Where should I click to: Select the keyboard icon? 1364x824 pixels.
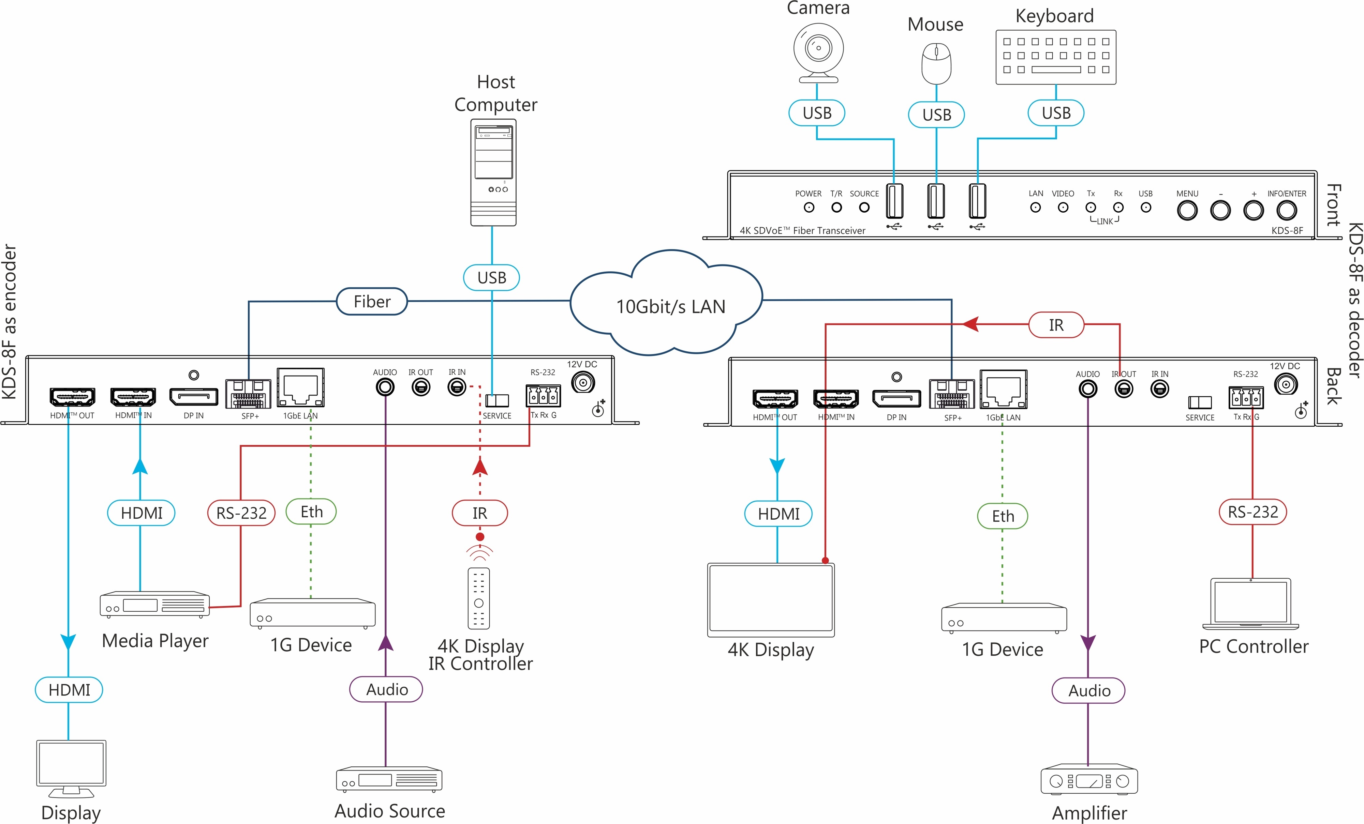pyautogui.click(x=1056, y=57)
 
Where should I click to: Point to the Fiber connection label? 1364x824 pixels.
pyautogui.click(x=372, y=302)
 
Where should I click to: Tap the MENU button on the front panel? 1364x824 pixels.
pyautogui.click(x=1187, y=210)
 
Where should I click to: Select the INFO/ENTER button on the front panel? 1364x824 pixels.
pyautogui.click(x=1287, y=210)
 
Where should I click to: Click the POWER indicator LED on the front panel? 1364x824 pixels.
pyautogui.click(x=809, y=208)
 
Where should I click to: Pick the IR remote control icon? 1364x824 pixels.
pyautogui.click(x=479, y=598)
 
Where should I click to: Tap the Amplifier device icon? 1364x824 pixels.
pyautogui.click(x=1089, y=781)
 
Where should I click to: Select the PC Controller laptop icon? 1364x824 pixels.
pyautogui.click(x=1250, y=604)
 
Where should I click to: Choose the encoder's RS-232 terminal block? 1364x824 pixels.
pyautogui.click(x=543, y=396)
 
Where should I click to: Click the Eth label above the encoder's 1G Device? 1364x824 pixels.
pyautogui.click(x=311, y=512)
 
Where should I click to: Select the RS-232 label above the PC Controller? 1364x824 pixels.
pyautogui.click(x=1253, y=512)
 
